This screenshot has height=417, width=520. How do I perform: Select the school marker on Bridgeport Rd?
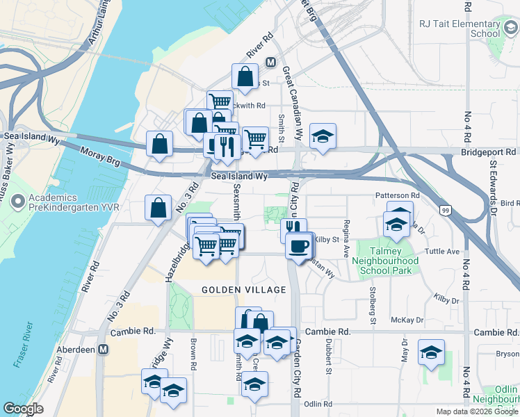322,136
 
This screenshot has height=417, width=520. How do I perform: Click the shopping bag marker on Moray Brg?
160,145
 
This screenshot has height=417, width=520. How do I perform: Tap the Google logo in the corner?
24,409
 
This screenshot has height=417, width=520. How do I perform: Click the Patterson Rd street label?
397,196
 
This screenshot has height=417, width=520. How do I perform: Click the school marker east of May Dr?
431,352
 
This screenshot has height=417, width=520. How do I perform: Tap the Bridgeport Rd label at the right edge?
491,151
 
